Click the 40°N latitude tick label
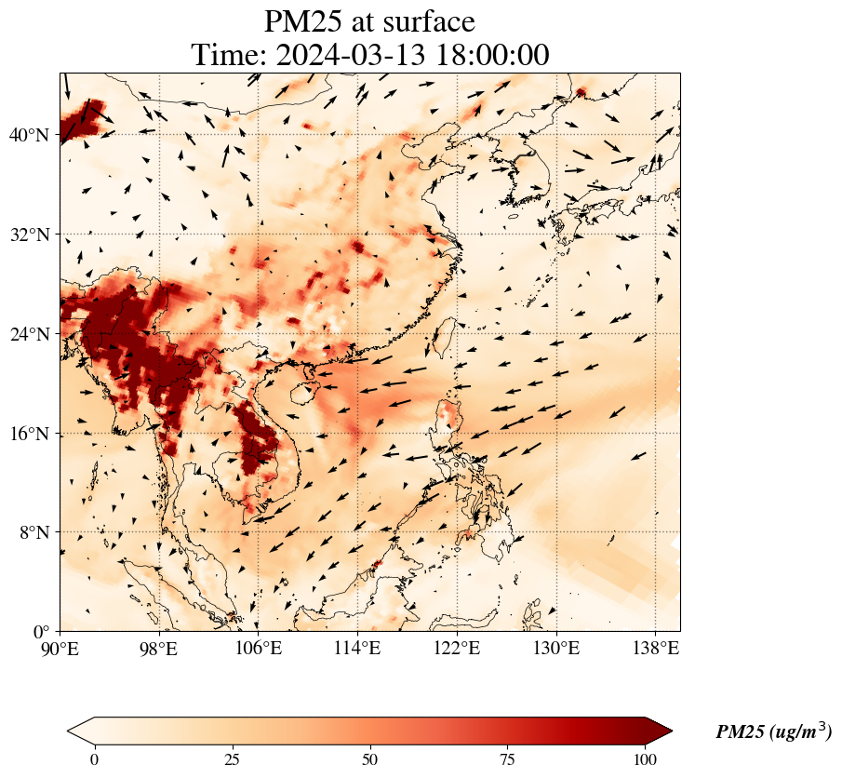point(29,135)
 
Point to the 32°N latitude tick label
point(29,235)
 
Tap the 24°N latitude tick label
point(29,334)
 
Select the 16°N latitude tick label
point(29,434)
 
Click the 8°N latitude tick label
point(33,532)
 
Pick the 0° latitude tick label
point(40,632)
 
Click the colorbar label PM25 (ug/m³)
point(773,732)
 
